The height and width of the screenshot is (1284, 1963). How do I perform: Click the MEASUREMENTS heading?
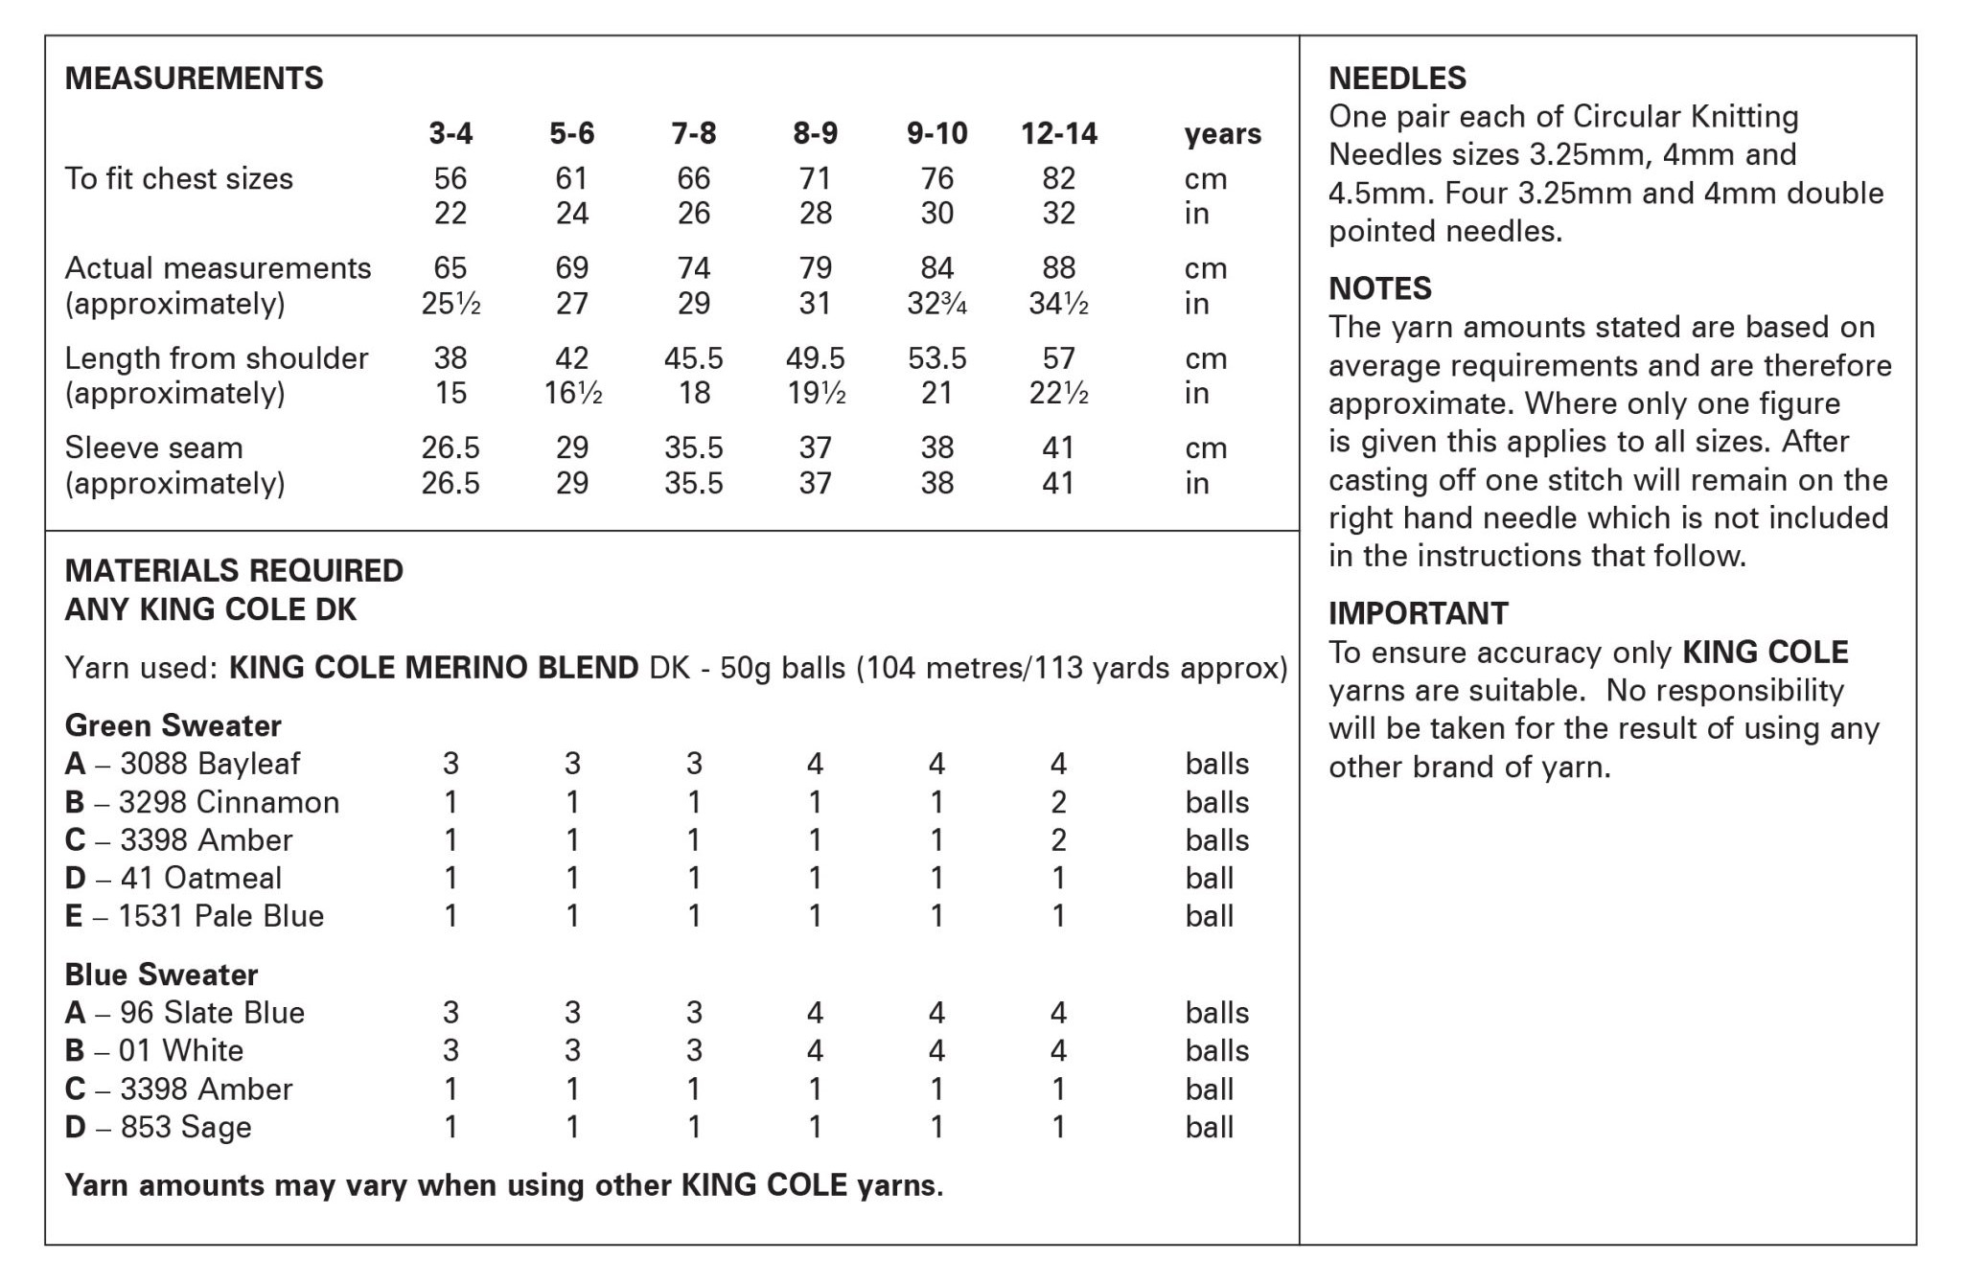click(194, 78)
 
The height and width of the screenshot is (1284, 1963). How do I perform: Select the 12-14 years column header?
click(1058, 133)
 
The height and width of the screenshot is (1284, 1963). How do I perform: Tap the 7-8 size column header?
click(693, 133)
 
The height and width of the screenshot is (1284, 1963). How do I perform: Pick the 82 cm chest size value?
click(1058, 178)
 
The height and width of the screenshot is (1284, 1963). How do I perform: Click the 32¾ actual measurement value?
click(936, 304)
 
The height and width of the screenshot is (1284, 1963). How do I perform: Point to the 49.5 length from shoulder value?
click(815, 358)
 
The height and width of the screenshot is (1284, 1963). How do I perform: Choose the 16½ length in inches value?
click(572, 393)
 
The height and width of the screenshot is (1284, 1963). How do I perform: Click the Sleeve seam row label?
click(153, 447)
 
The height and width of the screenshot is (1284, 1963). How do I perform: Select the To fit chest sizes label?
click(178, 178)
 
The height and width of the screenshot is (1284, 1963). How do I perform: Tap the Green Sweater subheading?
click(173, 725)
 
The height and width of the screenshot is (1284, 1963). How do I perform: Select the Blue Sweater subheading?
click(161, 974)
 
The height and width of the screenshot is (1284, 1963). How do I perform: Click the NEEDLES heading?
click(1397, 78)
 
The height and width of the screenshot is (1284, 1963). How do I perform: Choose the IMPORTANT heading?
click(1418, 613)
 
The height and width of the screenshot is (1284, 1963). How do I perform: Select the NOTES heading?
click(1379, 288)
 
